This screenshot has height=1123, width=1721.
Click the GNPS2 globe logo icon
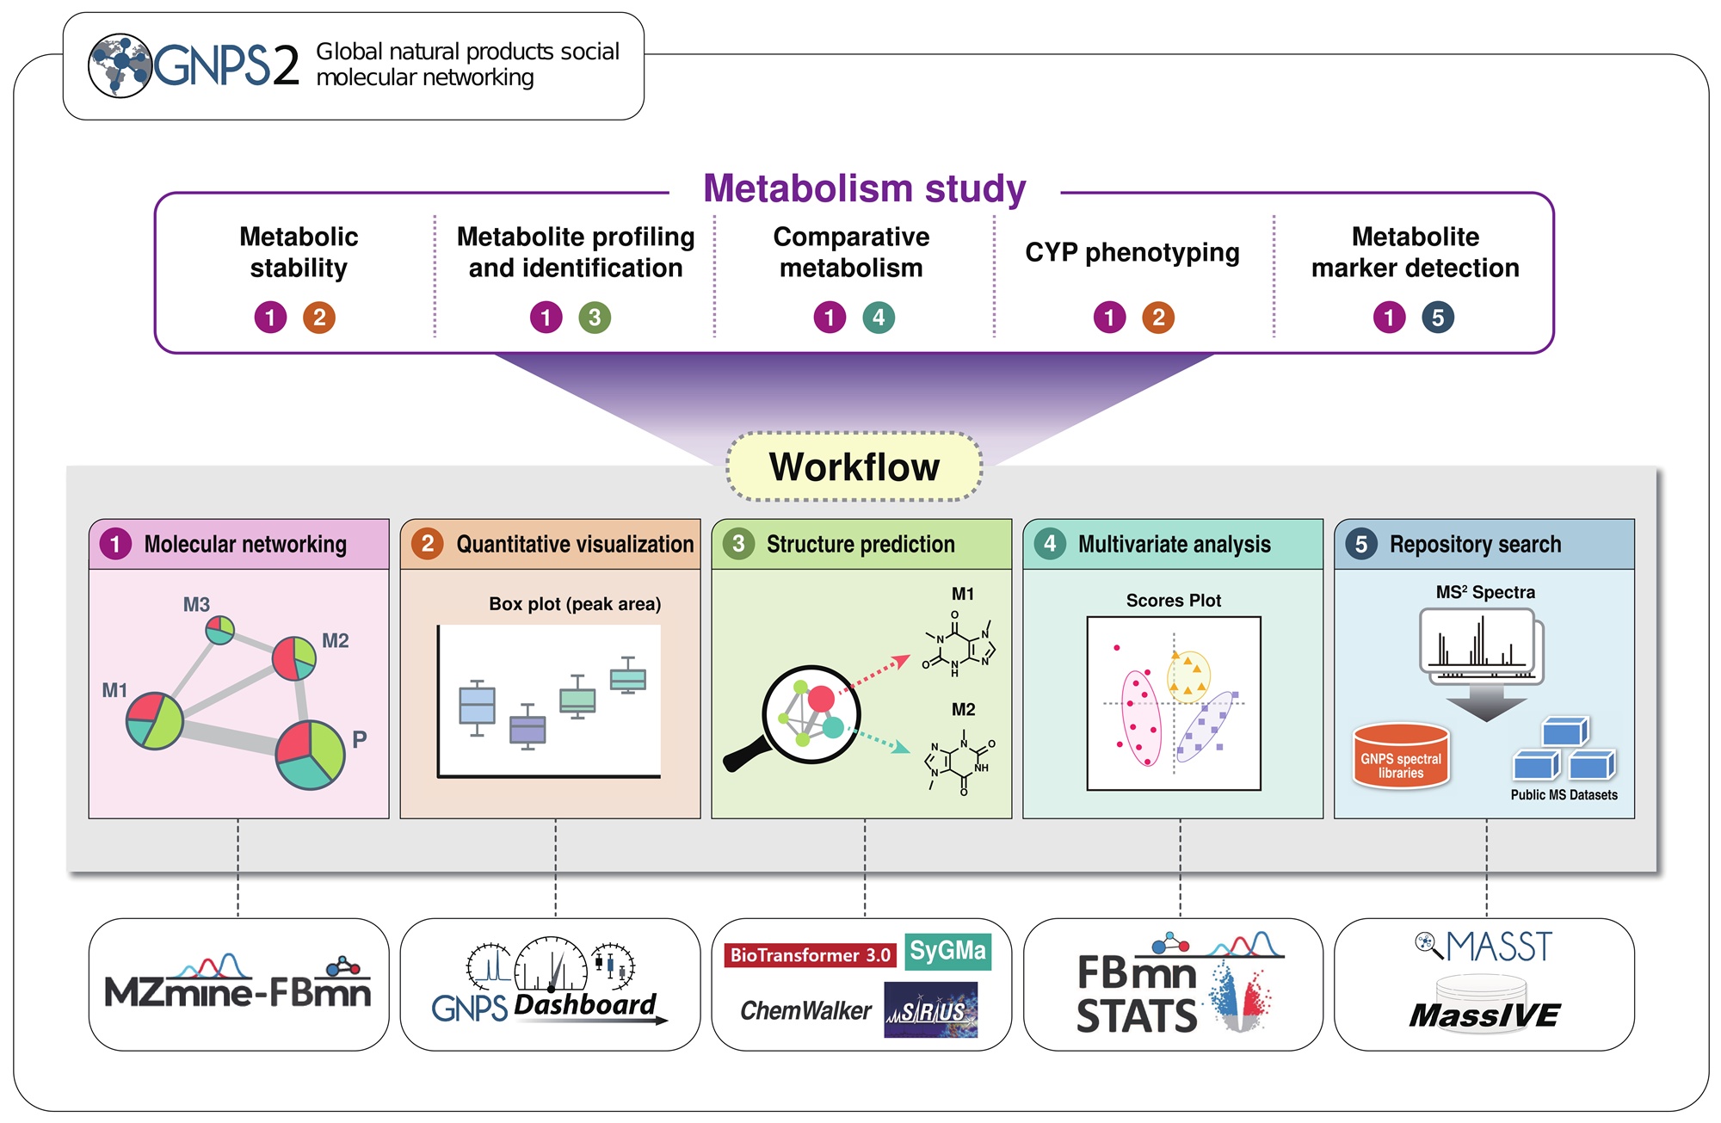120,65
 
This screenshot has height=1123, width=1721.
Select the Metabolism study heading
864,188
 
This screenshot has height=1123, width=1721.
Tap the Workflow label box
854,467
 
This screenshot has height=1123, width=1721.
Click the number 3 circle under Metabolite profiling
595,318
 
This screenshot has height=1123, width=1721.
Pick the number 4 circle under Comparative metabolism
879,318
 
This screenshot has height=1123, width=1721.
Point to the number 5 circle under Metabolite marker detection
1438,318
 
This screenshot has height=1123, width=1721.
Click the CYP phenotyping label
1132,252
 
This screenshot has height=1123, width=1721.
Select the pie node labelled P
310,755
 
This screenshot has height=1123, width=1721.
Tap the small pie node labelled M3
220,630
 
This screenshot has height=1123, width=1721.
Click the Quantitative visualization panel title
574,544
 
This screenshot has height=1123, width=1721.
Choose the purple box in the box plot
527,730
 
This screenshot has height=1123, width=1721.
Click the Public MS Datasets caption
1564,795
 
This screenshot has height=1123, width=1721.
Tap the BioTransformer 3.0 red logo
810,955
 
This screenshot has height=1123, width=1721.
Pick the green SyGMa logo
947,951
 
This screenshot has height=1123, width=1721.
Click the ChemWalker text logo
805,1010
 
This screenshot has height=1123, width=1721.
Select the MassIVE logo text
1484,1015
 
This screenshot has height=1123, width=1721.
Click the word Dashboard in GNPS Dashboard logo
585,1004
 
